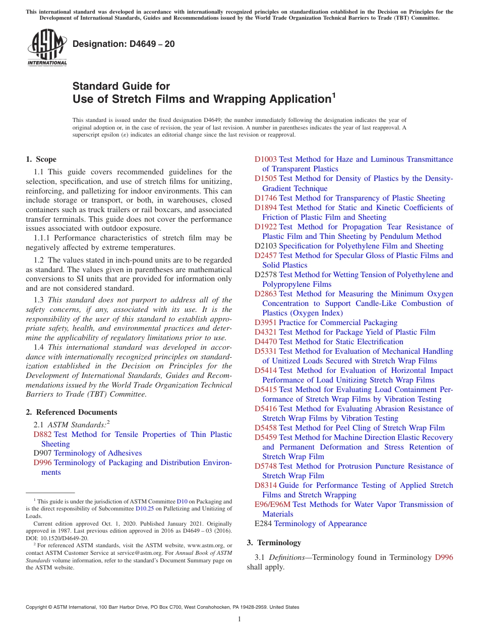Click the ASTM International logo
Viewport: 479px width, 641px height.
pyautogui.click(x=47, y=48)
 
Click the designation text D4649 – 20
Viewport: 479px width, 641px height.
pyautogui.click(x=124, y=44)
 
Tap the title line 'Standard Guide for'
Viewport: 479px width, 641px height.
pyautogui.click(x=122, y=86)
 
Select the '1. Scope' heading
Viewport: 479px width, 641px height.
pyautogui.click(x=41, y=159)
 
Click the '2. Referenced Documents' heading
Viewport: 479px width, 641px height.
pyautogui.click(x=71, y=412)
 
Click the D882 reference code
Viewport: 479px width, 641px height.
pyautogui.click(x=42, y=434)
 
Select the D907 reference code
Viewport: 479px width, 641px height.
pyautogui.click(x=42, y=454)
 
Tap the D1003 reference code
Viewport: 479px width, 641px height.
pyautogui.click(x=266, y=159)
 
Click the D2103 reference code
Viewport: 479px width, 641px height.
pyautogui.click(x=266, y=246)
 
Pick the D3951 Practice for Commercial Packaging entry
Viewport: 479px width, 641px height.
pyautogui.click(x=326, y=323)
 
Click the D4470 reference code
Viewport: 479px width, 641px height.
pyautogui.click(x=266, y=342)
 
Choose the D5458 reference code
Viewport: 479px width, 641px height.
pyautogui.click(x=266, y=428)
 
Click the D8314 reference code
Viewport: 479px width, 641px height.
pyautogui.click(x=266, y=485)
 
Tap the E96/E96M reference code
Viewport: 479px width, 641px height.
pyautogui.click(x=272, y=504)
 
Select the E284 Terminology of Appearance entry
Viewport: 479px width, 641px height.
pyautogui.click(x=311, y=524)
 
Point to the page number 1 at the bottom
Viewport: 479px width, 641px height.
pyautogui.click(x=239, y=619)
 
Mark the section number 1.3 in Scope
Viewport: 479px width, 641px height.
pyautogui.click(x=39, y=300)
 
